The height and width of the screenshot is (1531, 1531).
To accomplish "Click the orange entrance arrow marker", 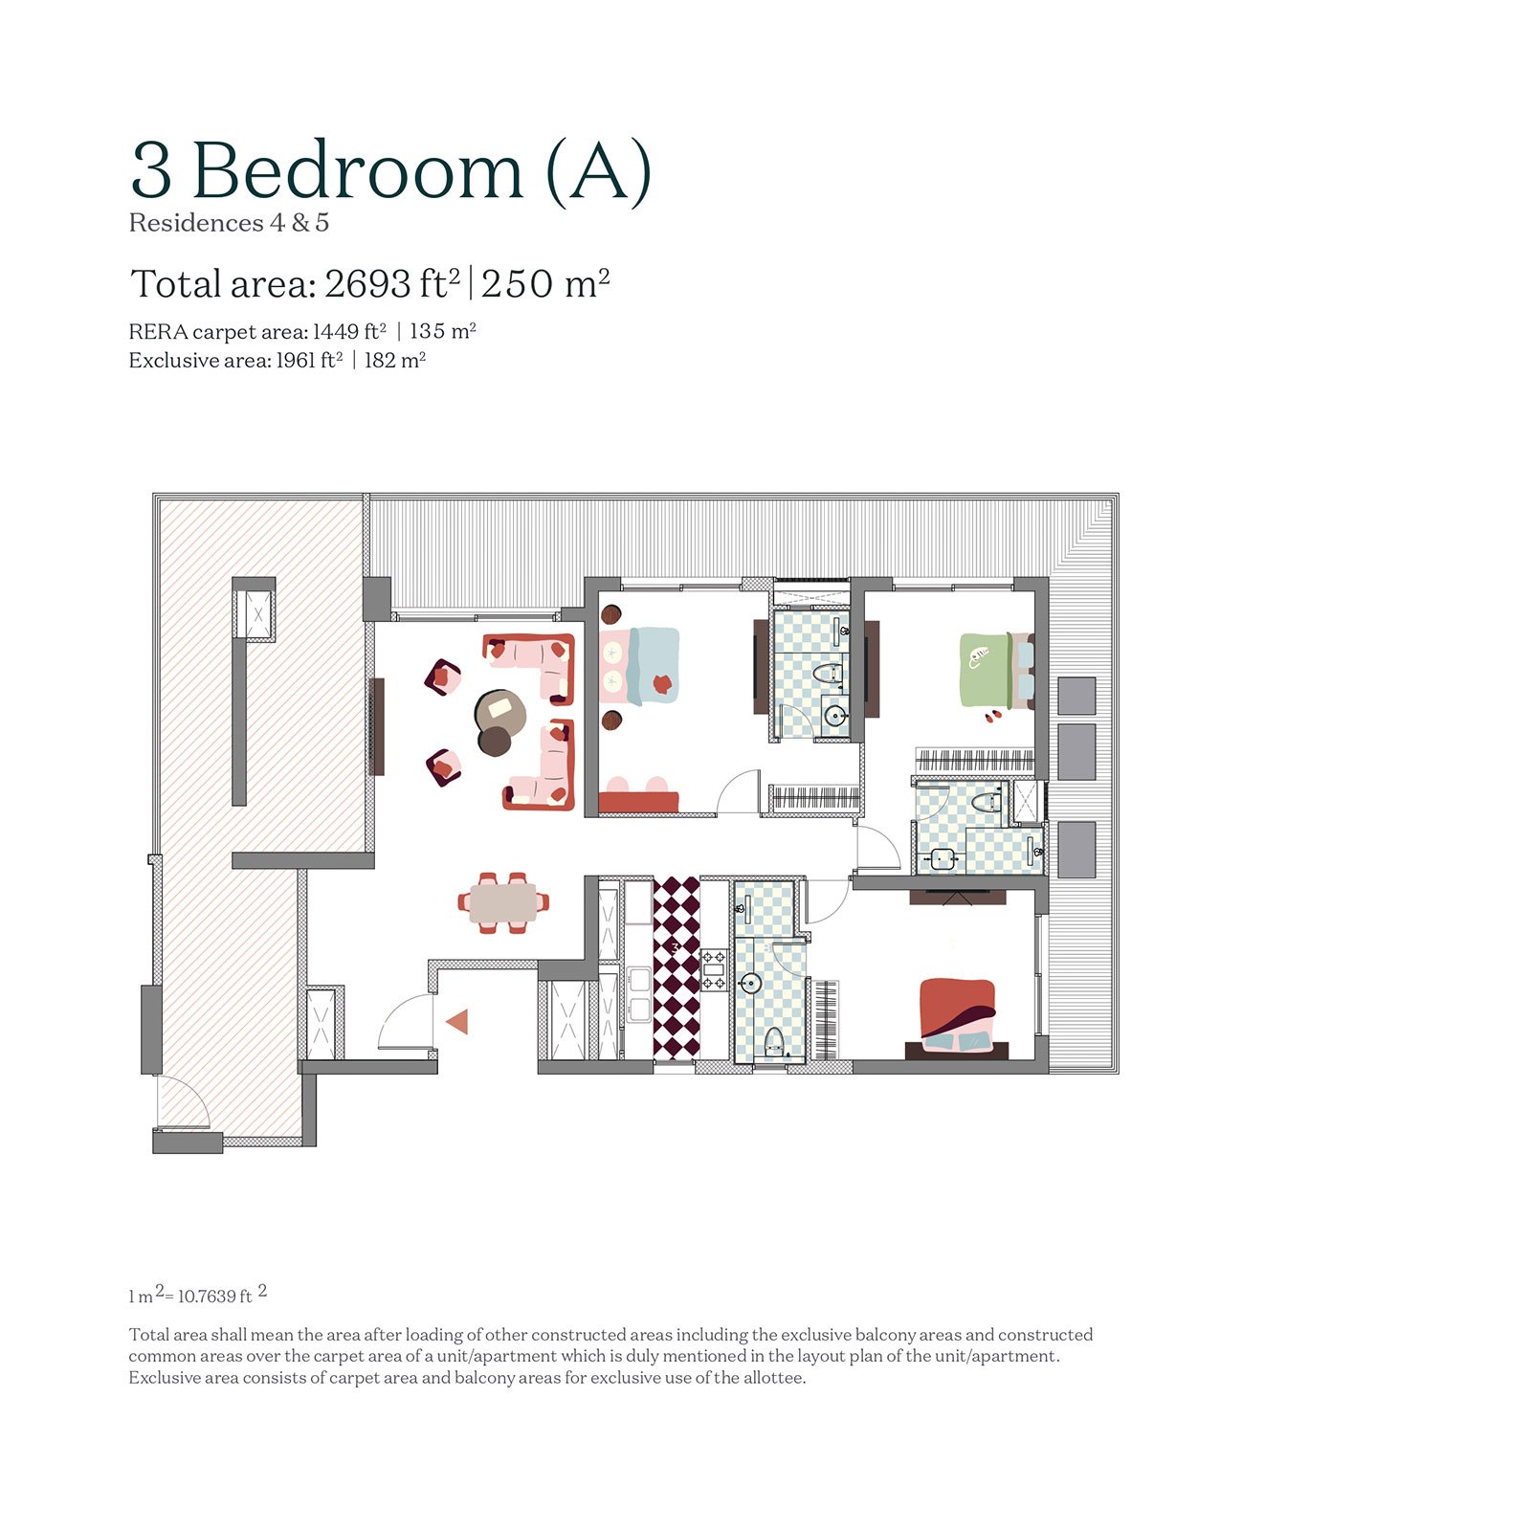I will point(458,1022).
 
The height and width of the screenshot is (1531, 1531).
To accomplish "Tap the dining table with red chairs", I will point(503,902).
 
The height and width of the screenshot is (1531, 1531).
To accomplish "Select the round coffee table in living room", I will point(500,713).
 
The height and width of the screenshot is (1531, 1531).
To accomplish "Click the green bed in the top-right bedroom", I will point(986,670).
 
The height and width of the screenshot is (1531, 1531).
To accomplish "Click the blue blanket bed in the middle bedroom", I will point(653,665).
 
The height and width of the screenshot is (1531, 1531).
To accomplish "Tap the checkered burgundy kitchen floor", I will point(677,966).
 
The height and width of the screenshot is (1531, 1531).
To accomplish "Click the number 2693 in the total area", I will point(367,284).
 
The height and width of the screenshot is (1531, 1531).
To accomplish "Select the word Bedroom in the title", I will point(357,172).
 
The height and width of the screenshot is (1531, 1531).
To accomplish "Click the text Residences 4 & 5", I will point(229,223).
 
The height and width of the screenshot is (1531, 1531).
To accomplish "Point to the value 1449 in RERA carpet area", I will point(335,332).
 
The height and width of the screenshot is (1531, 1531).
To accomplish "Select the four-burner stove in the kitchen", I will point(715,969).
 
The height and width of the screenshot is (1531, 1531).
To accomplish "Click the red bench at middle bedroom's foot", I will point(638,802).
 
